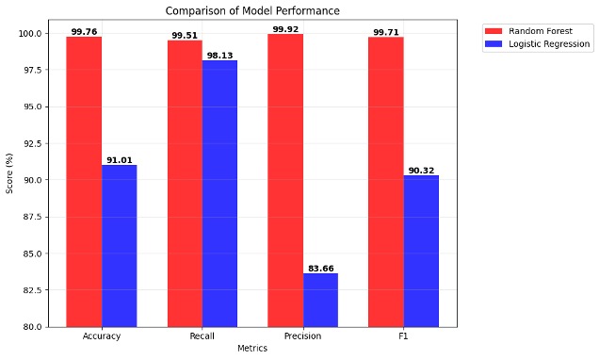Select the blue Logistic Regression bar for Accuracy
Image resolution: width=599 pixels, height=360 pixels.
point(119,245)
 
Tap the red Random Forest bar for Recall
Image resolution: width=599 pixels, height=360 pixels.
point(185,183)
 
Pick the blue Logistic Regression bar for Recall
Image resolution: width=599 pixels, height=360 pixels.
point(219,193)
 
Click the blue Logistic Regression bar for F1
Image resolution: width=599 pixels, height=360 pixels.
point(421,251)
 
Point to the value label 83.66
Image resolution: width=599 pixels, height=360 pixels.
point(320,269)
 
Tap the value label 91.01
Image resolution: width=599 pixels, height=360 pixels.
point(119,160)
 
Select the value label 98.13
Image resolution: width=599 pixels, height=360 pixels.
point(219,56)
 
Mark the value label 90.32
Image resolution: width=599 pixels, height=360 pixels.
point(421,171)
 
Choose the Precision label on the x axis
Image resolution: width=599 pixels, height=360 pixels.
point(302,336)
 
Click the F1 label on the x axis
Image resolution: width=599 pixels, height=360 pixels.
point(403,336)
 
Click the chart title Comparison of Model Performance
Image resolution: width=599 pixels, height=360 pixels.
point(252,11)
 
